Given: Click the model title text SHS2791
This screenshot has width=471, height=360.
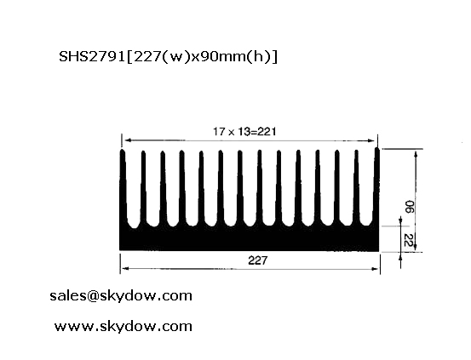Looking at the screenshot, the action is point(92,56).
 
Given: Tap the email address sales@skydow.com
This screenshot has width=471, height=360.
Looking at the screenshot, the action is point(121,296).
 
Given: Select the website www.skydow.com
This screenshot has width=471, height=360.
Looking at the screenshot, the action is point(123,326).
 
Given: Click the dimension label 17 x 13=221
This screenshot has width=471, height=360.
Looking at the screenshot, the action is point(244,132).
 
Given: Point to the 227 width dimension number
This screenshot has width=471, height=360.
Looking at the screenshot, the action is point(257,260).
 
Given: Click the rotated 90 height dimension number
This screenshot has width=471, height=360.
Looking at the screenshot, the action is point(409,207).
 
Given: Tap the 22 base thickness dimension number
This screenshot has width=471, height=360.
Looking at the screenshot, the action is point(408,240).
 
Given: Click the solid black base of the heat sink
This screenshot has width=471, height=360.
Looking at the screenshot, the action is point(249,238).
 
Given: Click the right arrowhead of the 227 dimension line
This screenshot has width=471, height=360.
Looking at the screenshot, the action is point(375,269).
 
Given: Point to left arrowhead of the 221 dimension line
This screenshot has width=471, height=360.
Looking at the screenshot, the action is point(129,140).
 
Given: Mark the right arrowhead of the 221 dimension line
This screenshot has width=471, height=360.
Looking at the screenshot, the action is point(371,140).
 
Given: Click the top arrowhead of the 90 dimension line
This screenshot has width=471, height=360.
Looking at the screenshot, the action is point(416,155).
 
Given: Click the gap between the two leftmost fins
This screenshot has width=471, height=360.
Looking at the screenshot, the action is point(134,192).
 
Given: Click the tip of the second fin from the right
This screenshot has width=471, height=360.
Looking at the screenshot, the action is point(356,151).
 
